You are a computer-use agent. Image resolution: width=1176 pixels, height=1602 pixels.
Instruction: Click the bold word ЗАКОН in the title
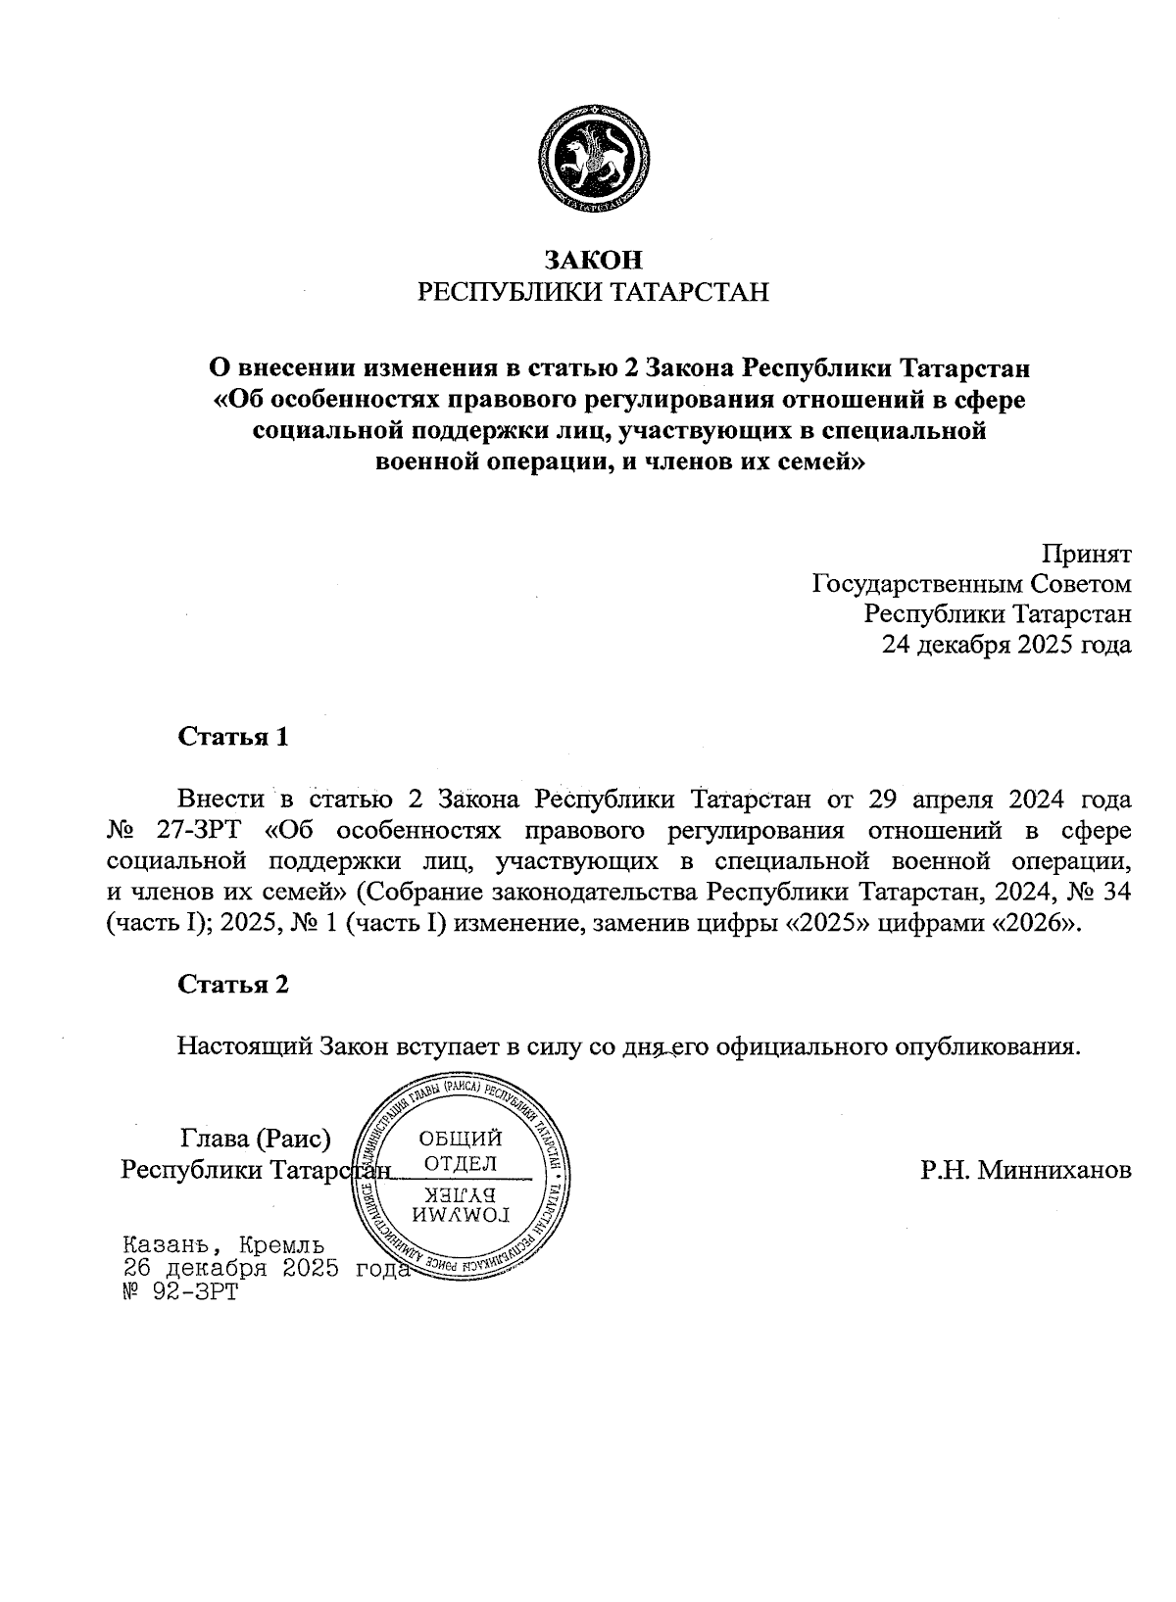click(x=594, y=260)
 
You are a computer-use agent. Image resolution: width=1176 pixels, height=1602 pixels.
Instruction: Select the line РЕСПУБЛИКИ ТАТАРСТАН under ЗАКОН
click(x=594, y=292)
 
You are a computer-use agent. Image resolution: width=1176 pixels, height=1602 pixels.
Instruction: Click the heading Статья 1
click(x=233, y=737)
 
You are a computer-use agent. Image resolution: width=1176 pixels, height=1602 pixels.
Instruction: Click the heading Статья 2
click(x=233, y=984)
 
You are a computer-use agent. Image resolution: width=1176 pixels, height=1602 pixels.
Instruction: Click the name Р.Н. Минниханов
click(x=1026, y=1169)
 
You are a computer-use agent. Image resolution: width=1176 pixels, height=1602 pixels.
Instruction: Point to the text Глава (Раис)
click(x=256, y=1139)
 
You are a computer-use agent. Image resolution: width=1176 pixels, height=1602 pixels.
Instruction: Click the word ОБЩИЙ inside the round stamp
click(x=461, y=1138)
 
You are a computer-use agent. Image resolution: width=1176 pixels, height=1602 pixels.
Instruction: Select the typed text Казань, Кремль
click(x=222, y=1245)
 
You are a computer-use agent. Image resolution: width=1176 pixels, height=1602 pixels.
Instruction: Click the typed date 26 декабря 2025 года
click(x=263, y=1268)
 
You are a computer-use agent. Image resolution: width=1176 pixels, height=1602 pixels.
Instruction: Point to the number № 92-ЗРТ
click(x=177, y=1291)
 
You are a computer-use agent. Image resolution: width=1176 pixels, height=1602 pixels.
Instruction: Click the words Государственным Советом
click(x=971, y=584)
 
